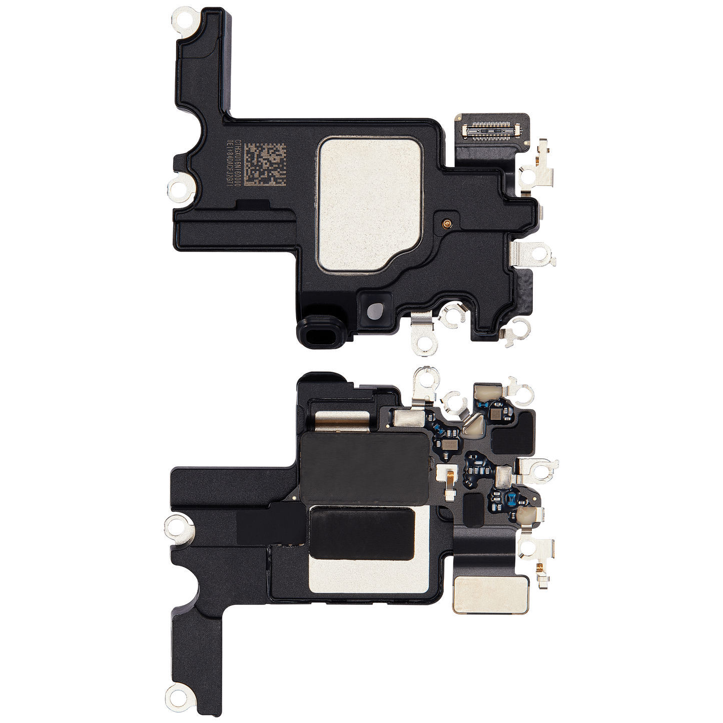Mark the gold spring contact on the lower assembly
click(x=450, y=478)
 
